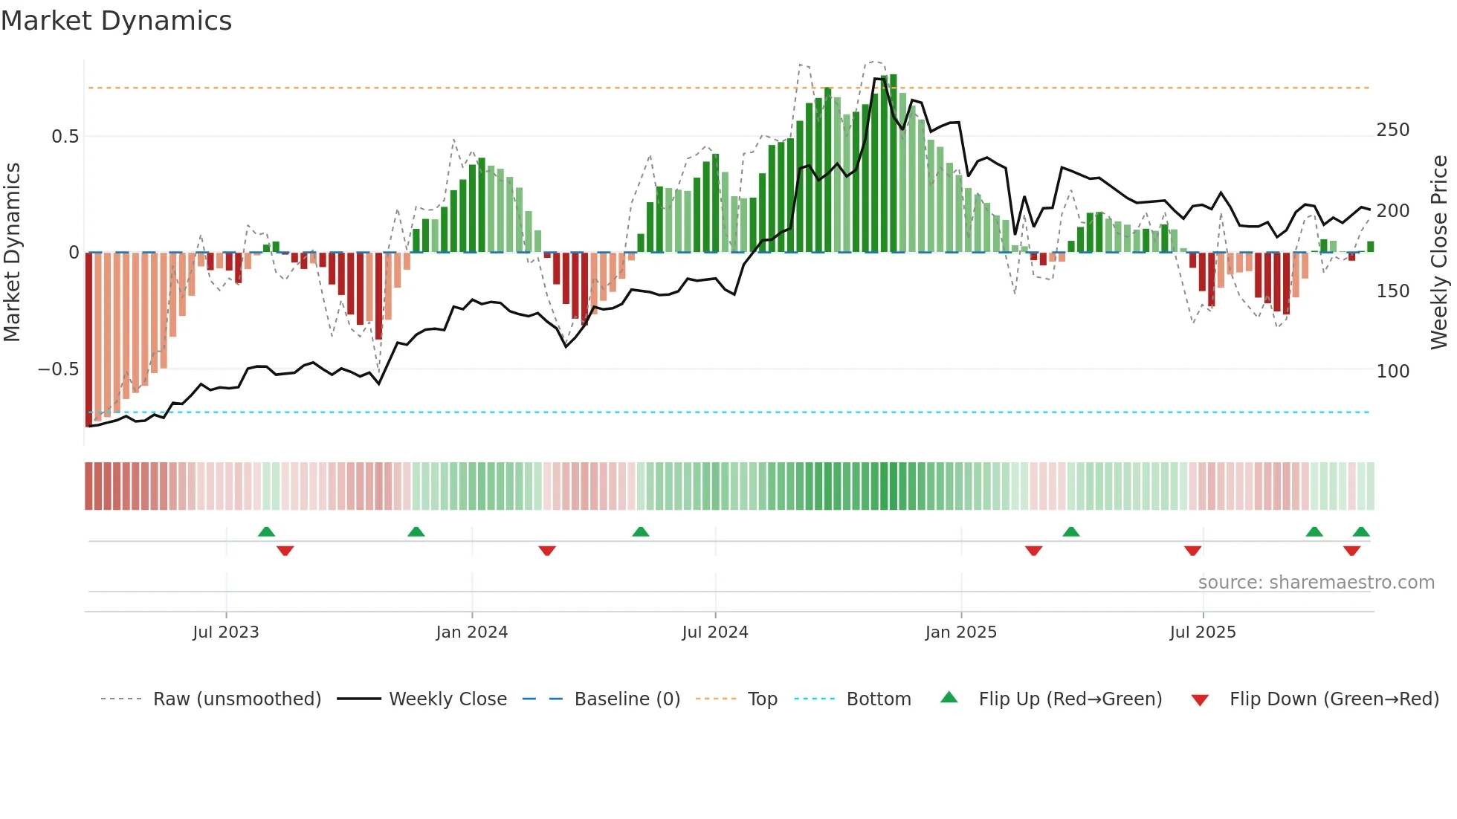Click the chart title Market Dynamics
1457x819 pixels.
pos(116,21)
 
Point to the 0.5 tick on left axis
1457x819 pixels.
pos(65,137)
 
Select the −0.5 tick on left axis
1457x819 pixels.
pos(59,369)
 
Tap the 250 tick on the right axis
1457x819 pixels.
pos(1392,130)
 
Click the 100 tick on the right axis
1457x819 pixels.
pos(1392,371)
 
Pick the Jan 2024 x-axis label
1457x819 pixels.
pos(471,632)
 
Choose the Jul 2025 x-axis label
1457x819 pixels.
pos(1202,632)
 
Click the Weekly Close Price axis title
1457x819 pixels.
pos(1439,253)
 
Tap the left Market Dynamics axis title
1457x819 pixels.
pos(12,253)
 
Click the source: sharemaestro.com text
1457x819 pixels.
pos(1316,583)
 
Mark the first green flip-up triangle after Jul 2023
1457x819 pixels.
pos(266,531)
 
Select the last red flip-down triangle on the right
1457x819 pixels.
pos(1351,551)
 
